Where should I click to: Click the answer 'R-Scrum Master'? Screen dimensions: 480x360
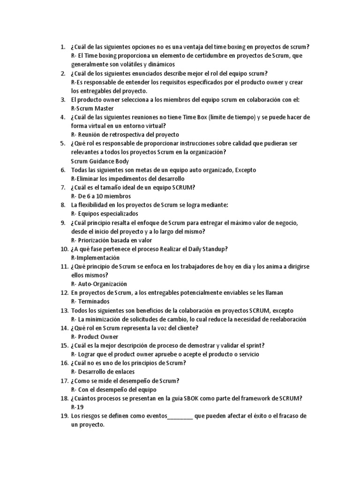92,109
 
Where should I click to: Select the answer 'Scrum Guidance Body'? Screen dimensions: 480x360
99,161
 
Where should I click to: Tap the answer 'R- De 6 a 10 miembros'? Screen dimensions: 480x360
101,196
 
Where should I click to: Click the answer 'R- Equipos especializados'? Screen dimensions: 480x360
105,214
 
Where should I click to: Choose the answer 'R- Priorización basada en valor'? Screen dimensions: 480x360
112,240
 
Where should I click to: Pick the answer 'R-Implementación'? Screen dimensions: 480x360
95,258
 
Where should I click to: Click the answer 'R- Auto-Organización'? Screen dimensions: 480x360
99,284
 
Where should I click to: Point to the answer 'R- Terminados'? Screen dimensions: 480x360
90,301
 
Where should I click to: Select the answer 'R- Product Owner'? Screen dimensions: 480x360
95,337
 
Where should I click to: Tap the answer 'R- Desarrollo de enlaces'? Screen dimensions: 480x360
103,372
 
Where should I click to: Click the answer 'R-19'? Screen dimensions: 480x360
77,407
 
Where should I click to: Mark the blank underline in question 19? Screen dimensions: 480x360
180,416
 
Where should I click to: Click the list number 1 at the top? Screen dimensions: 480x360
62,47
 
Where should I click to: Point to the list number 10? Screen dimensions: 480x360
64,249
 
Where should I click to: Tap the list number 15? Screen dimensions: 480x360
64,345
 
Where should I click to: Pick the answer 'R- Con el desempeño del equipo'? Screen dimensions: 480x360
113,390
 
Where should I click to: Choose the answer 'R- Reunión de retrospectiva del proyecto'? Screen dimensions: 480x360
125,135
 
